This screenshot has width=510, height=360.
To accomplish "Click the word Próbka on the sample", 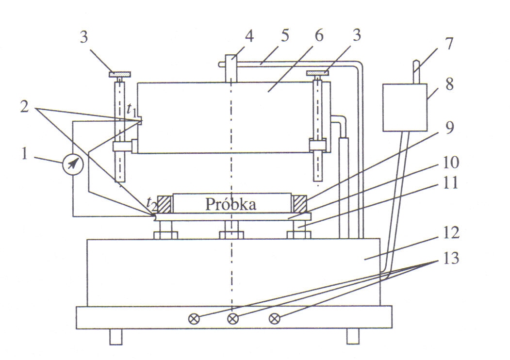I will (x=230, y=204).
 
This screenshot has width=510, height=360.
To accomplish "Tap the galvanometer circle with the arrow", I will (x=73, y=164).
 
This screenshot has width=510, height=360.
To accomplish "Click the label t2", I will (x=152, y=204).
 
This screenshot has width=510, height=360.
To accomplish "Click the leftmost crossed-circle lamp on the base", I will (x=194, y=319).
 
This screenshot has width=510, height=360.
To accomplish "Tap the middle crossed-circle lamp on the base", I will (x=233, y=319).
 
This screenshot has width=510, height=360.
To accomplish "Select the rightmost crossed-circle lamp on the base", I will (x=275, y=319).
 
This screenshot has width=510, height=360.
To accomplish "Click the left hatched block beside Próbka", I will (x=164, y=203).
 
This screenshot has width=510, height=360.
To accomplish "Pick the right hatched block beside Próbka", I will (x=298, y=203).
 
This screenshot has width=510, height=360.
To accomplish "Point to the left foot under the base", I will (x=115, y=336).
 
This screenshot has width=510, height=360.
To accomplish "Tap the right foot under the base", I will (x=353, y=336).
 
